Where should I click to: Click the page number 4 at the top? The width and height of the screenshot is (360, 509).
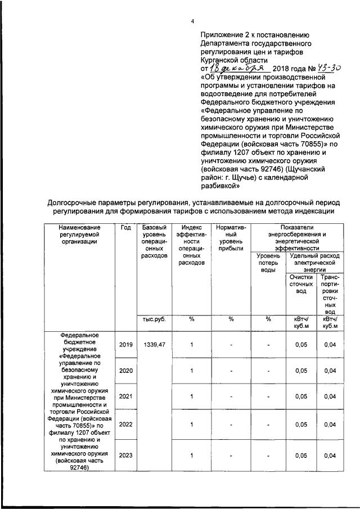click(x=192, y=21)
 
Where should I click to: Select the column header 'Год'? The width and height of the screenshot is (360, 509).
click(x=125, y=227)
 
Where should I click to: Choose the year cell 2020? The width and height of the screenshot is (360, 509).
click(x=125, y=371)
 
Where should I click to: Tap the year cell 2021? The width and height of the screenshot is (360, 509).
click(x=125, y=397)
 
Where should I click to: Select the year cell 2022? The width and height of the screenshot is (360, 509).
click(x=125, y=425)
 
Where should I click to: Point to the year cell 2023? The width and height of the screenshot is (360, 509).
click(x=125, y=456)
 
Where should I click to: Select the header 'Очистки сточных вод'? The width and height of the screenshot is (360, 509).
click(x=301, y=284)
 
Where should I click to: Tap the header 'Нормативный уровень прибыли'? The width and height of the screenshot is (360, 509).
click(x=231, y=237)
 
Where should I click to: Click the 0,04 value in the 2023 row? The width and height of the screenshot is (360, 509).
click(x=330, y=456)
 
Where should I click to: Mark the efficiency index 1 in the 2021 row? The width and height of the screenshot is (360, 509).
click(x=191, y=397)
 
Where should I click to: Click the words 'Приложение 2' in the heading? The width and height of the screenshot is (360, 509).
click(x=223, y=34)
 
